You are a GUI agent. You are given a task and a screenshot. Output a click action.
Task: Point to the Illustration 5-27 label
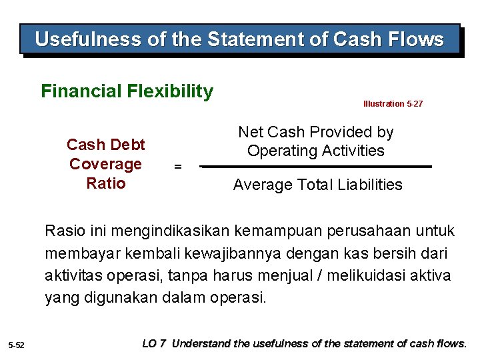tap(393, 104)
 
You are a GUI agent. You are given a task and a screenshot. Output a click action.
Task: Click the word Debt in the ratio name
tap(128, 145)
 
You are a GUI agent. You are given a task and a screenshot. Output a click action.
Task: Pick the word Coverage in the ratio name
tap(105, 164)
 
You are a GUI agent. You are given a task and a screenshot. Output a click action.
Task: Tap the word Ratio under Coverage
tap(105, 183)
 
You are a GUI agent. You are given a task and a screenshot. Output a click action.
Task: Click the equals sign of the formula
tap(177, 167)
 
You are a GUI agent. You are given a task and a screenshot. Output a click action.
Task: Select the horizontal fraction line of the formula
tap(317, 167)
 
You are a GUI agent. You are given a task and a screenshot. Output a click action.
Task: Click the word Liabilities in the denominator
tap(371, 185)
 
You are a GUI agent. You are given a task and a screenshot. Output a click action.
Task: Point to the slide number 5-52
tap(16, 345)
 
